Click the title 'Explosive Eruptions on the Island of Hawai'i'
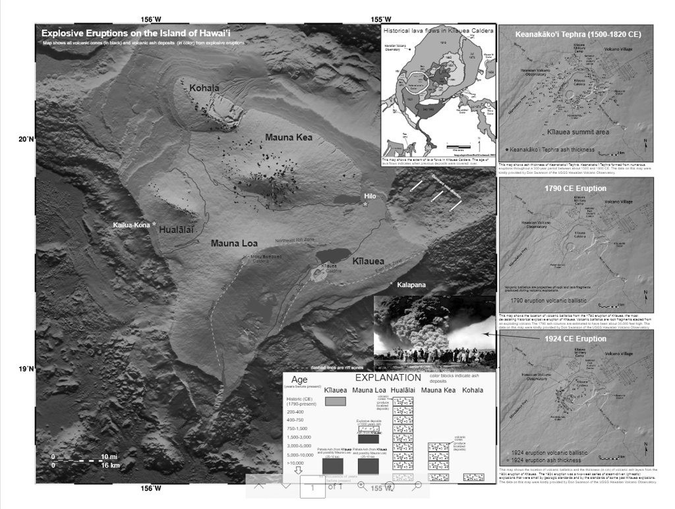(140, 33)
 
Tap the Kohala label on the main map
(204, 88)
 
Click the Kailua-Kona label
(131, 225)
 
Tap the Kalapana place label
(411, 285)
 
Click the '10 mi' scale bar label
(109, 457)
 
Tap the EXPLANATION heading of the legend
(388, 379)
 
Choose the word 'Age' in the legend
(301, 380)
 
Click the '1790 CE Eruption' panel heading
(575, 188)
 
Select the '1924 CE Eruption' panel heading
(575, 339)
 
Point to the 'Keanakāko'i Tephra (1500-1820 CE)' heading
(576, 34)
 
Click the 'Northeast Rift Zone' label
(295, 240)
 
